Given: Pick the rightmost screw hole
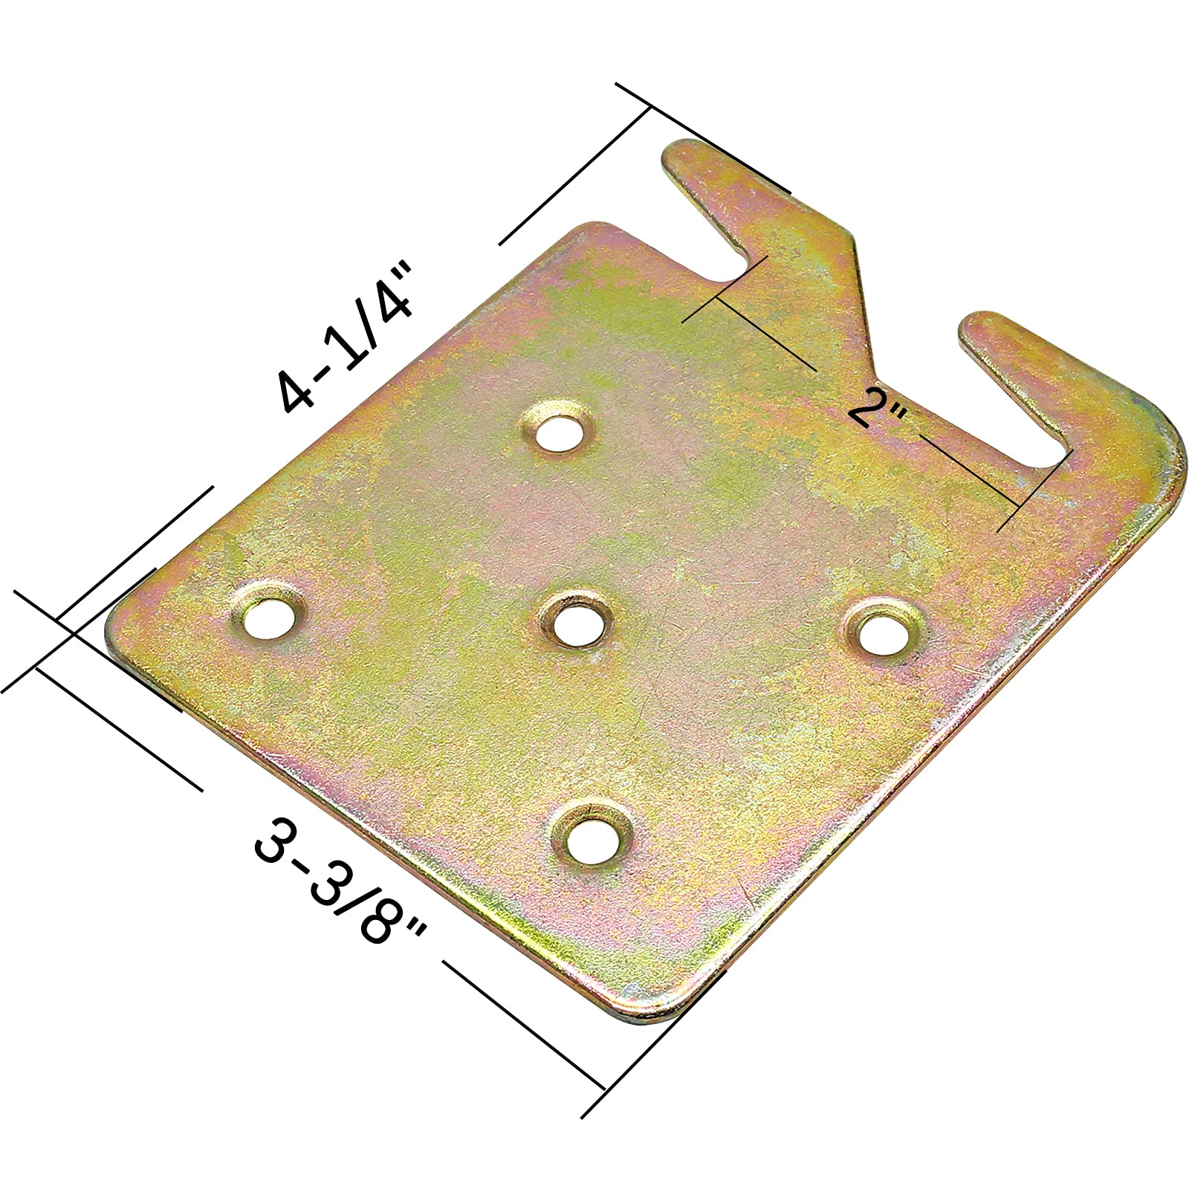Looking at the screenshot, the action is [884, 633].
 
